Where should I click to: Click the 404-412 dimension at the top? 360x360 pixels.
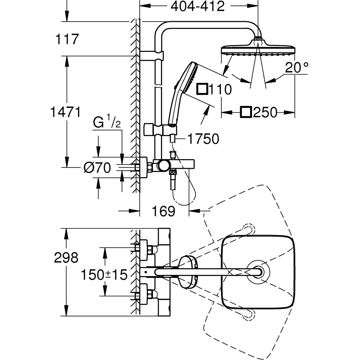pyautogui.click(x=197, y=6)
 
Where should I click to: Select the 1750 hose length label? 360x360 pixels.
pyautogui.click(x=203, y=139)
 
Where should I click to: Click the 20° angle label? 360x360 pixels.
pyautogui.click(x=297, y=67)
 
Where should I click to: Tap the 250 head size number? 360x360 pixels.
pyautogui.click(x=265, y=113)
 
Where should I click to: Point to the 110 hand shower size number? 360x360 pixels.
pyautogui.click(x=220, y=89)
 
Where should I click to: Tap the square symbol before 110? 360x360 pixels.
pyautogui.click(x=202, y=89)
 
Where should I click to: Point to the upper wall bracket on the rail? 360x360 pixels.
pyautogui.click(x=151, y=55)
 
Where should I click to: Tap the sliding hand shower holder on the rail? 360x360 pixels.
pyautogui.click(x=160, y=129)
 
